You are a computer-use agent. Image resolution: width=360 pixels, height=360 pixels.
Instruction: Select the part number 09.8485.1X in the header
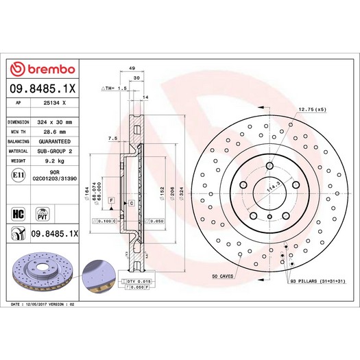43,88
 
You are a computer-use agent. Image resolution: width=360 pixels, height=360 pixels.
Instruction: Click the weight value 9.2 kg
56,160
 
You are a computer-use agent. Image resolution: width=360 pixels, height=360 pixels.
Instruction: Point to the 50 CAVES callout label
224,276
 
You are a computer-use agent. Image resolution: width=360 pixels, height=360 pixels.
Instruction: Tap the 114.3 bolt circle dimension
274,188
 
